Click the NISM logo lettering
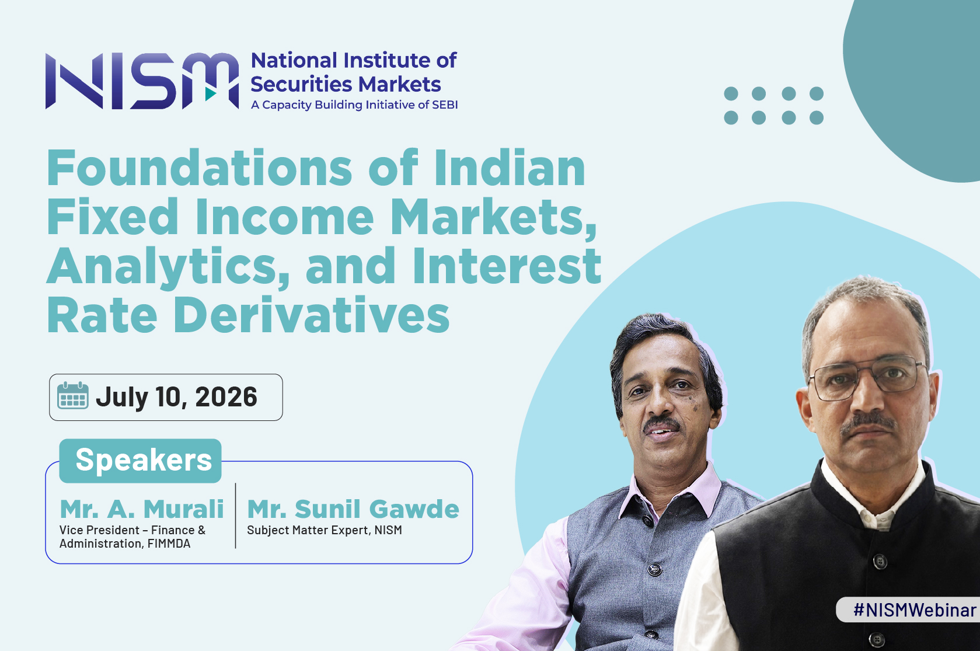(x=142, y=81)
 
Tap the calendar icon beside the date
(x=73, y=395)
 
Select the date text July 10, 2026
(x=176, y=397)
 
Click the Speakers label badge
(x=141, y=461)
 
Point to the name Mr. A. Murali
(x=142, y=509)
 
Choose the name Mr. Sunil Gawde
(x=353, y=509)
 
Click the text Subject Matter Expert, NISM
(x=324, y=530)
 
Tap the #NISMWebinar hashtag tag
(x=915, y=610)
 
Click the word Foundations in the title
(x=199, y=168)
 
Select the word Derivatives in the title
(x=312, y=315)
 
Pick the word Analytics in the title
(x=168, y=267)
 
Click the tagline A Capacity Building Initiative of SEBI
(x=354, y=105)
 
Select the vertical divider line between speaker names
(x=235, y=516)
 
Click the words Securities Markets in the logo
(x=346, y=84)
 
